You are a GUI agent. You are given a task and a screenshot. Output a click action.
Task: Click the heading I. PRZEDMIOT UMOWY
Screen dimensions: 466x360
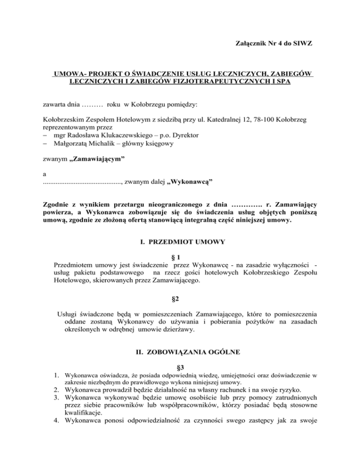[x=180, y=243]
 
